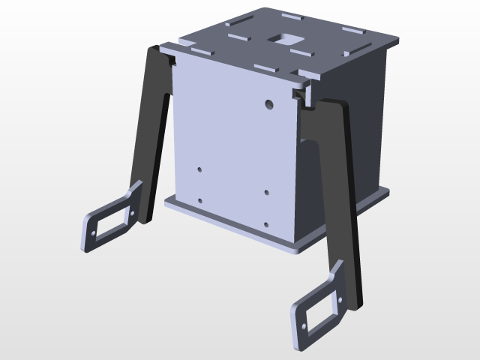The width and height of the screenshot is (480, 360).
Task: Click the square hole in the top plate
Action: (x=285, y=37)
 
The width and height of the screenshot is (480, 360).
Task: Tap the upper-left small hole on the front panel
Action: (x=200, y=169)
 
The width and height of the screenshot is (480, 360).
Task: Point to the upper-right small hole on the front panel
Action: (x=268, y=192)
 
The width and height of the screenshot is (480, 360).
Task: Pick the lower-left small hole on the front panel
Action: (x=200, y=200)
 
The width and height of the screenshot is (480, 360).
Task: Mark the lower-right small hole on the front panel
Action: (x=267, y=223)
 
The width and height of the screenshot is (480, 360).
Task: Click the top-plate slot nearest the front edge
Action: (x=266, y=67)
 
